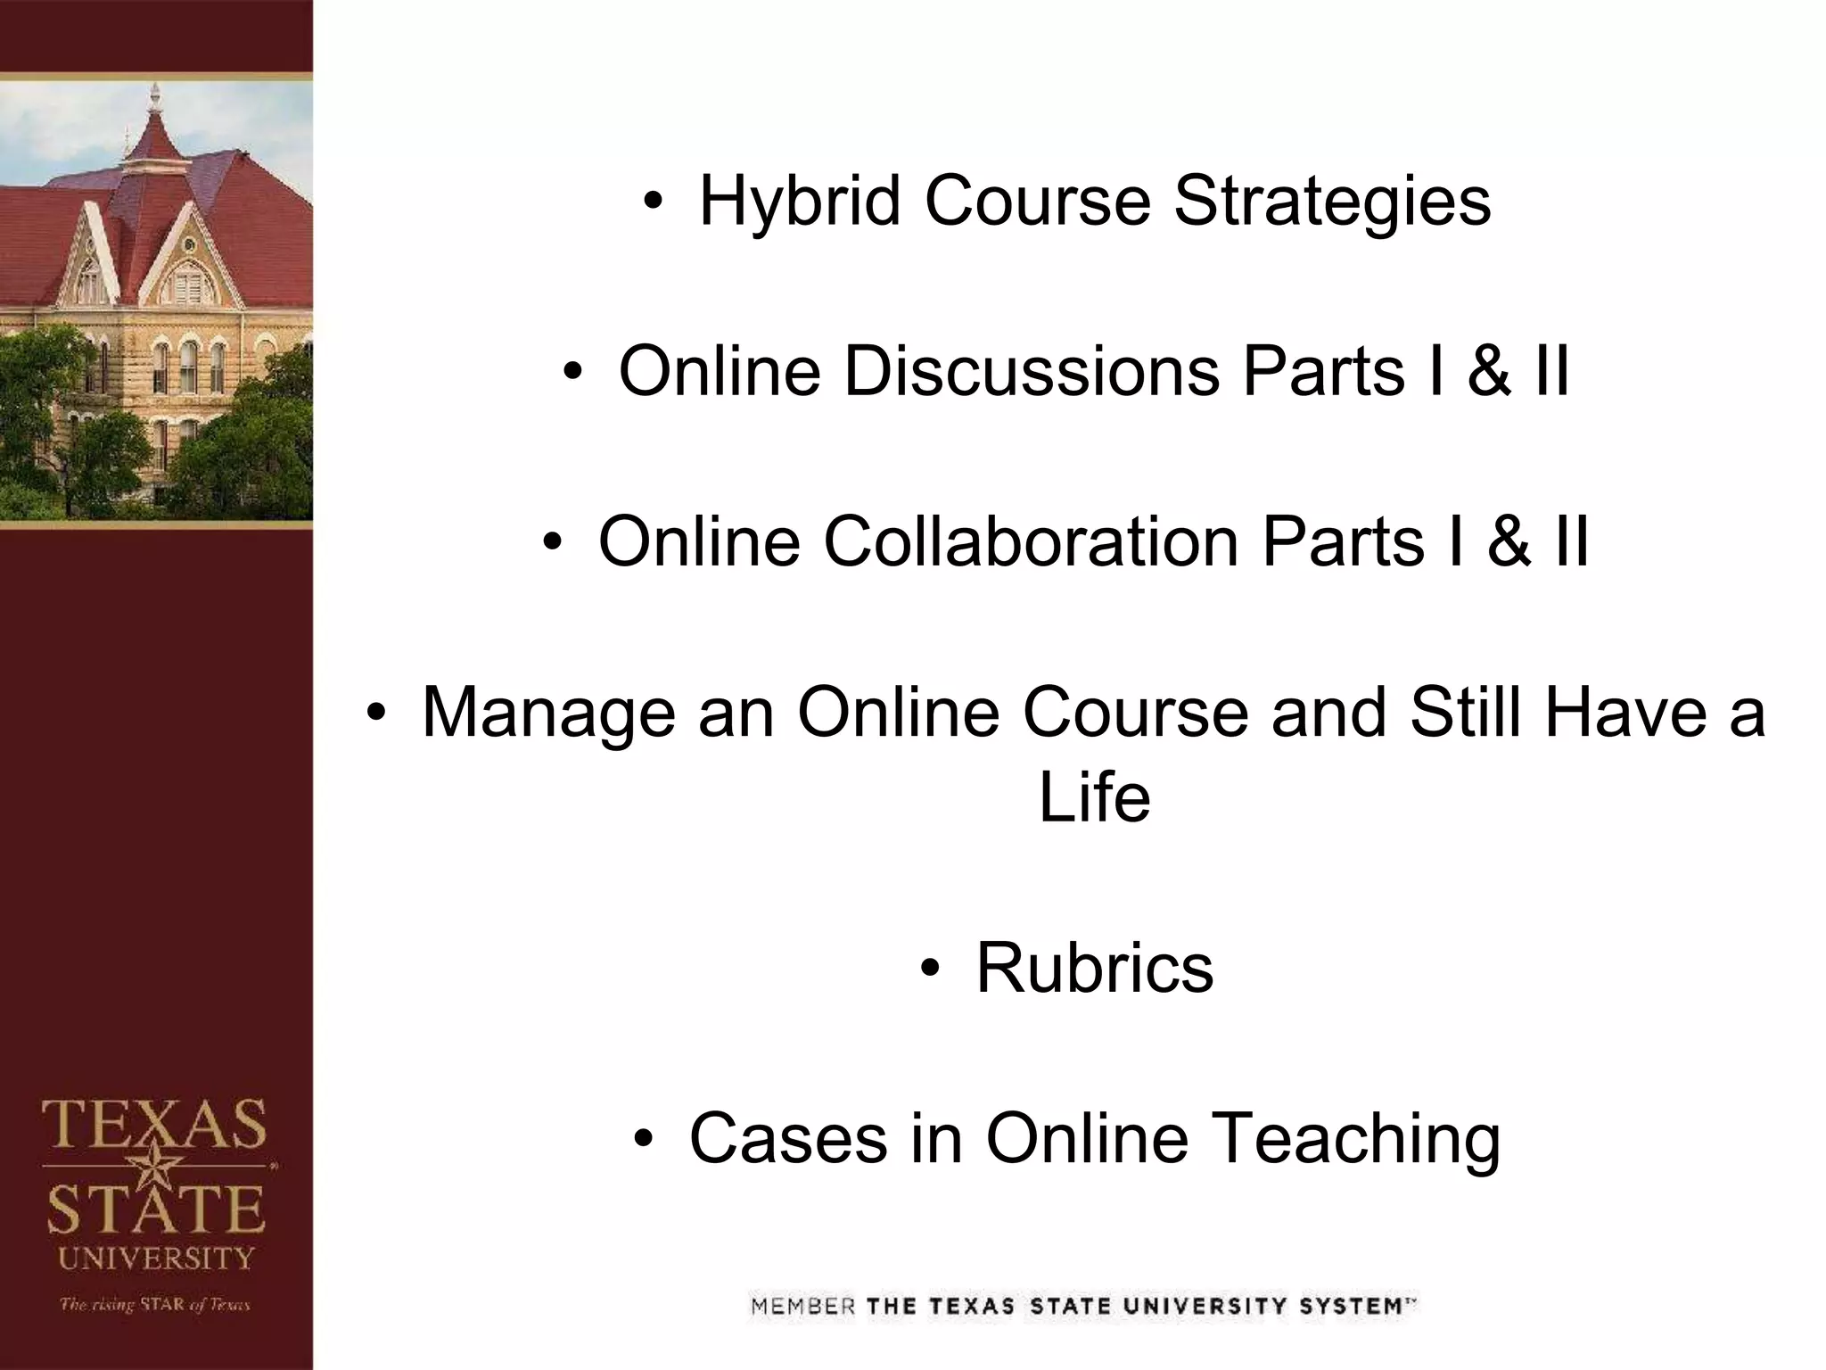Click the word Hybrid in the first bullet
(799, 202)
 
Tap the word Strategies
(1332, 202)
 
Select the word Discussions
(1032, 371)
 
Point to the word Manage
(547, 713)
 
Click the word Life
(1094, 796)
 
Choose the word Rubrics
(1094, 968)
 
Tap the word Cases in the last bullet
(788, 1138)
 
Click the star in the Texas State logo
(157, 1165)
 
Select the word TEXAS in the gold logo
(155, 1125)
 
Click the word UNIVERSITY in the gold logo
(156, 1259)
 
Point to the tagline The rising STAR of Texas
(155, 1305)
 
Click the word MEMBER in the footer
(802, 1308)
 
